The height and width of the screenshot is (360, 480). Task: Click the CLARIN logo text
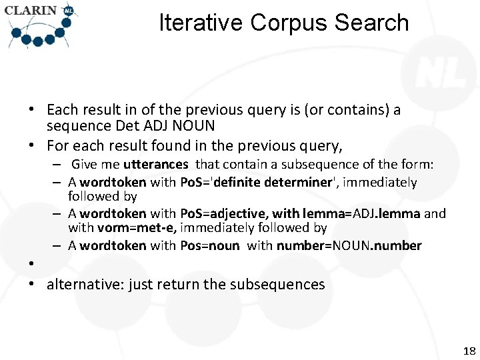[x=32, y=11]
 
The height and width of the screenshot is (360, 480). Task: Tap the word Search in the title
[x=372, y=23]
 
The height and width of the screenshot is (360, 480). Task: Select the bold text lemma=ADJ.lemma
[x=361, y=213]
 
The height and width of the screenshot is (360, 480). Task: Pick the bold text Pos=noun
[x=209, y=245]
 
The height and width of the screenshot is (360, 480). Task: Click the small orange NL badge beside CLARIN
[x=67, y=10]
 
